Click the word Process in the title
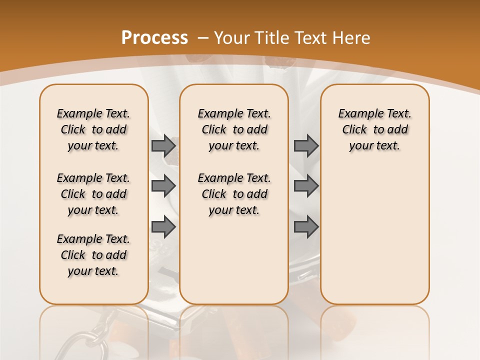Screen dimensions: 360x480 (154, 37)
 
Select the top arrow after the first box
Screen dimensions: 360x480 (163, 145)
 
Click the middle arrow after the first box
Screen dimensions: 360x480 (163, 186)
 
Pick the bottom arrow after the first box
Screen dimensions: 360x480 (163, 227)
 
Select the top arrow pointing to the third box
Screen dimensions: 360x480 (306, 145)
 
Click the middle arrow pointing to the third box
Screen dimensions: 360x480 (306, 186)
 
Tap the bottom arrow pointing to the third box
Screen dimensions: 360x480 (306, 227)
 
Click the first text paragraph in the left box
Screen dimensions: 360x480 (93, 129)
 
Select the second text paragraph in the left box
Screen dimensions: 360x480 (93, 194)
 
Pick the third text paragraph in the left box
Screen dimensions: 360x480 (93, 255)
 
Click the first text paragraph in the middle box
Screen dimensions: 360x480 (234, 129)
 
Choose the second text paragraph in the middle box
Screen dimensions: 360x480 (234, 194)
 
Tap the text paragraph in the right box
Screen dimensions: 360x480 (374, 129)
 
